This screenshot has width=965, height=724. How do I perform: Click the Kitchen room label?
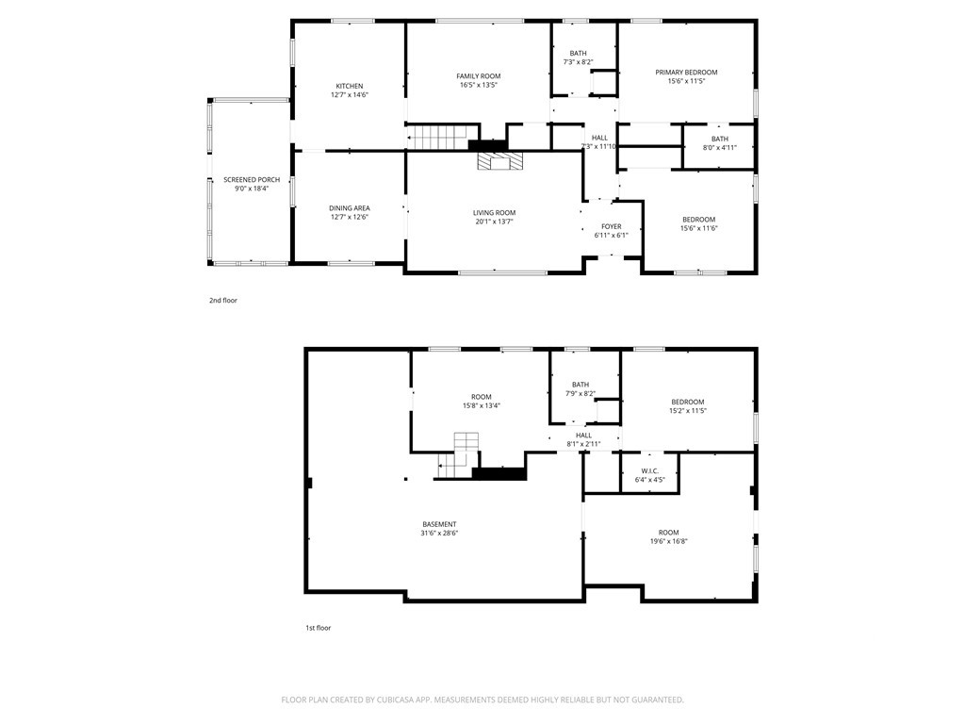[350, 86]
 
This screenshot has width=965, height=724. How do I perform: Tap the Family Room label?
[478, 76]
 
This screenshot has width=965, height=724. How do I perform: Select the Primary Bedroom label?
[686, 72]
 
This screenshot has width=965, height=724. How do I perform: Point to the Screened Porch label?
[252, 180]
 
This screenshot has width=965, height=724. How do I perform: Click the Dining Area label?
[350, 208]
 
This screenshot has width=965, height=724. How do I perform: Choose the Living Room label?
[494, 213]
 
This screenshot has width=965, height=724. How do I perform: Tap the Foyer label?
[611, 226]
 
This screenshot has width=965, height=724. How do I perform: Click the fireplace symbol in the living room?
[500, 160]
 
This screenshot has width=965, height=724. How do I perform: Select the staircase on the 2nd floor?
[442, 137]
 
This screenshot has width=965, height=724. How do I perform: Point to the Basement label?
[439, 524]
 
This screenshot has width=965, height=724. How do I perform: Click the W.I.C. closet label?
[650, 471]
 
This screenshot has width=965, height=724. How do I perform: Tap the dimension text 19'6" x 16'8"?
[669, 542]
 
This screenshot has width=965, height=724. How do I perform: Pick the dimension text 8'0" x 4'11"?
[719, 148]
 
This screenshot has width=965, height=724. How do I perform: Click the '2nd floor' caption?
[222, 301]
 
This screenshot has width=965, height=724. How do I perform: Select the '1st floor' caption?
[319, 628]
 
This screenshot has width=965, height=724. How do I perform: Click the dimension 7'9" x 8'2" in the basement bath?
[581, 393]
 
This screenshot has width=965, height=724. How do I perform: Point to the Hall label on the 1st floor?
[583, 436]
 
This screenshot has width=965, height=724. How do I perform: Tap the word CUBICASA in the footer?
[405, 700]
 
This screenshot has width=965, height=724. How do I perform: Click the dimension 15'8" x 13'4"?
[482, 405]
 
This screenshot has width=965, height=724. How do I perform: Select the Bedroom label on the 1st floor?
[687, 402]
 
